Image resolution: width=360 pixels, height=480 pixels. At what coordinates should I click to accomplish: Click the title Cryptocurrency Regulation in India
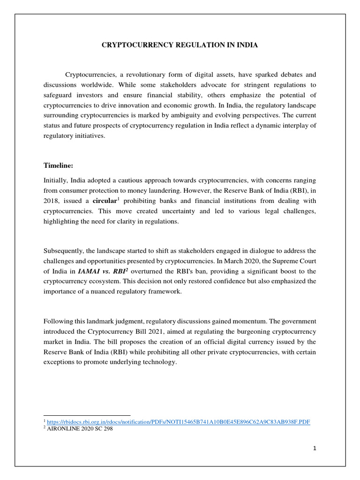pos(180,45)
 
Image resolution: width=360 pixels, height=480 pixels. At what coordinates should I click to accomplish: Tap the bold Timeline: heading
pos(59,165)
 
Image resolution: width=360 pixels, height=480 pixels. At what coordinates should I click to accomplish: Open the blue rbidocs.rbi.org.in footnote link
pos(178,422)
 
